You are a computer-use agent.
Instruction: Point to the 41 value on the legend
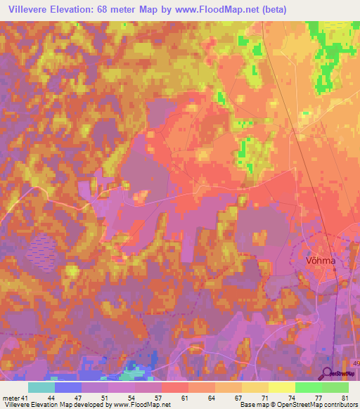pos(25,397)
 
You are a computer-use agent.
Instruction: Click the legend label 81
pos(343,397)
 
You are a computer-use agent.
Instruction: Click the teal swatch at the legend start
pos(41,387)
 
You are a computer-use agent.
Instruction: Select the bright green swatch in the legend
pos(308,387)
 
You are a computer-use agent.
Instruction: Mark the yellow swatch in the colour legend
pos(281,387)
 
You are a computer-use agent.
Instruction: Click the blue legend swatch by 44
pos(68,387)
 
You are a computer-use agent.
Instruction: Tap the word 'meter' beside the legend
pos(11,397)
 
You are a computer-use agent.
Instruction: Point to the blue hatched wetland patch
pos(43,247)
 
